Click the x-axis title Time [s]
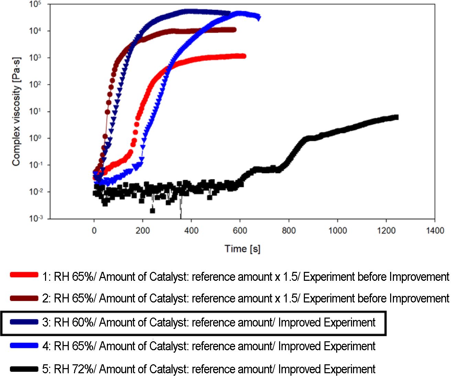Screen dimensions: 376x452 click(x=242, y=248)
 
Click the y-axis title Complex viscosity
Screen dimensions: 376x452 click(x=16, y=112)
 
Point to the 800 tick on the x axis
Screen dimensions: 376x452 click(x=289, y=230)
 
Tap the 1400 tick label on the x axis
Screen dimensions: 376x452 click(x=435, y=230)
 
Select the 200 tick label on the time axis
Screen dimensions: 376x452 click(x=143, y=230)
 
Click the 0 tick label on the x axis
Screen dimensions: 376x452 click(x=94, y=230)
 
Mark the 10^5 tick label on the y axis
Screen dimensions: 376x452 click(x=35, y=5)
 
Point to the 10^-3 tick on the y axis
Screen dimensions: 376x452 click(x=35, y=218)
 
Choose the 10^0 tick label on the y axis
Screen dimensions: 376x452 click(x=35, y=138)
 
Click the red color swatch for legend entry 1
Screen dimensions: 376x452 click(x=24, y=275)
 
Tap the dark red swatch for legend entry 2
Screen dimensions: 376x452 click(x=24, y=298)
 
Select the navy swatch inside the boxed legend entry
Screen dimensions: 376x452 click(x=24, y=322)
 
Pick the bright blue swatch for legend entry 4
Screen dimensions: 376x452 click(x=24, y=345)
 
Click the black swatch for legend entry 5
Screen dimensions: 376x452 click(x=24, y=369)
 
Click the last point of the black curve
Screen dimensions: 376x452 click(x=396, y=117)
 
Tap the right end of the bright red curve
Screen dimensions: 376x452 click(x=244, y=56)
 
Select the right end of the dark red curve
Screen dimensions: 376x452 click(x=234, y=30)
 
